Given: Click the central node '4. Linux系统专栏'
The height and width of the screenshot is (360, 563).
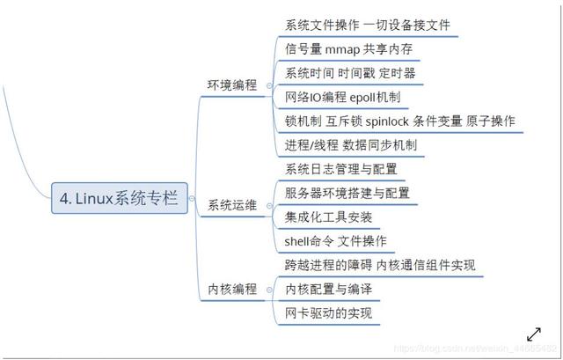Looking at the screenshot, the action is pyautogui.click(x=119, y=199).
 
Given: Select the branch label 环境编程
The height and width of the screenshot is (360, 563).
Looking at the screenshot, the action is pyautogui.click(x=232, y=85).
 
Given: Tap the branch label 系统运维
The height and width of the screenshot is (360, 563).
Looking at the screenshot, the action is pyautogui.click(x=232, y=205).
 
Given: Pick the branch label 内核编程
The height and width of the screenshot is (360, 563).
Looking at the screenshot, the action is pyautogui.click(x=232, y=288).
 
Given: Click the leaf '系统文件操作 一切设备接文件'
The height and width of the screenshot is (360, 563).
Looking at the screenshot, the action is pyautogui.click(x=369, y=25).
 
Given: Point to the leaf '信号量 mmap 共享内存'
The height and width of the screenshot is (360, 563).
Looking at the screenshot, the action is pyautogui.click(x=349, y=48).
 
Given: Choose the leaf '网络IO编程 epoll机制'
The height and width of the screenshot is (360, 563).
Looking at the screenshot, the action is pyautogui.click(x=342, y=96).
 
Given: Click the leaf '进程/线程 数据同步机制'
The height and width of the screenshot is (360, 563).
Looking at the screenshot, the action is pyautogui.click(x=351, y=143).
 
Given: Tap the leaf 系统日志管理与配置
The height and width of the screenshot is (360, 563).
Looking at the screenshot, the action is pyautogui.click(x=341, y=168).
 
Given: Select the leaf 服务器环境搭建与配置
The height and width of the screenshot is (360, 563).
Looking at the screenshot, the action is pyautogui.click(x=347, y=192).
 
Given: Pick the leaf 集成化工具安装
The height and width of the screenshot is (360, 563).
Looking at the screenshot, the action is pyautogui.click(x=329, y=217).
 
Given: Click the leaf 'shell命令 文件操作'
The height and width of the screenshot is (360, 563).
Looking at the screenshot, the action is pyautogui.click(x=335, y=240).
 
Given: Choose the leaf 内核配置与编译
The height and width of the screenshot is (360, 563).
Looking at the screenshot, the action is pyautogui.click(x=329, y=289).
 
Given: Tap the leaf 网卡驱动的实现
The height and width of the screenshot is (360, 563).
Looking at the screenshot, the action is pyautogui.click(x=329, y=312).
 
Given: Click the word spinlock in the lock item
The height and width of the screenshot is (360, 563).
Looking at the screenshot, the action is pyautogui.click(x=406, y=120).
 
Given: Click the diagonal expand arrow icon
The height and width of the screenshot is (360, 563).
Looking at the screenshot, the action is pyautogui.click(x=533, y=334).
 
